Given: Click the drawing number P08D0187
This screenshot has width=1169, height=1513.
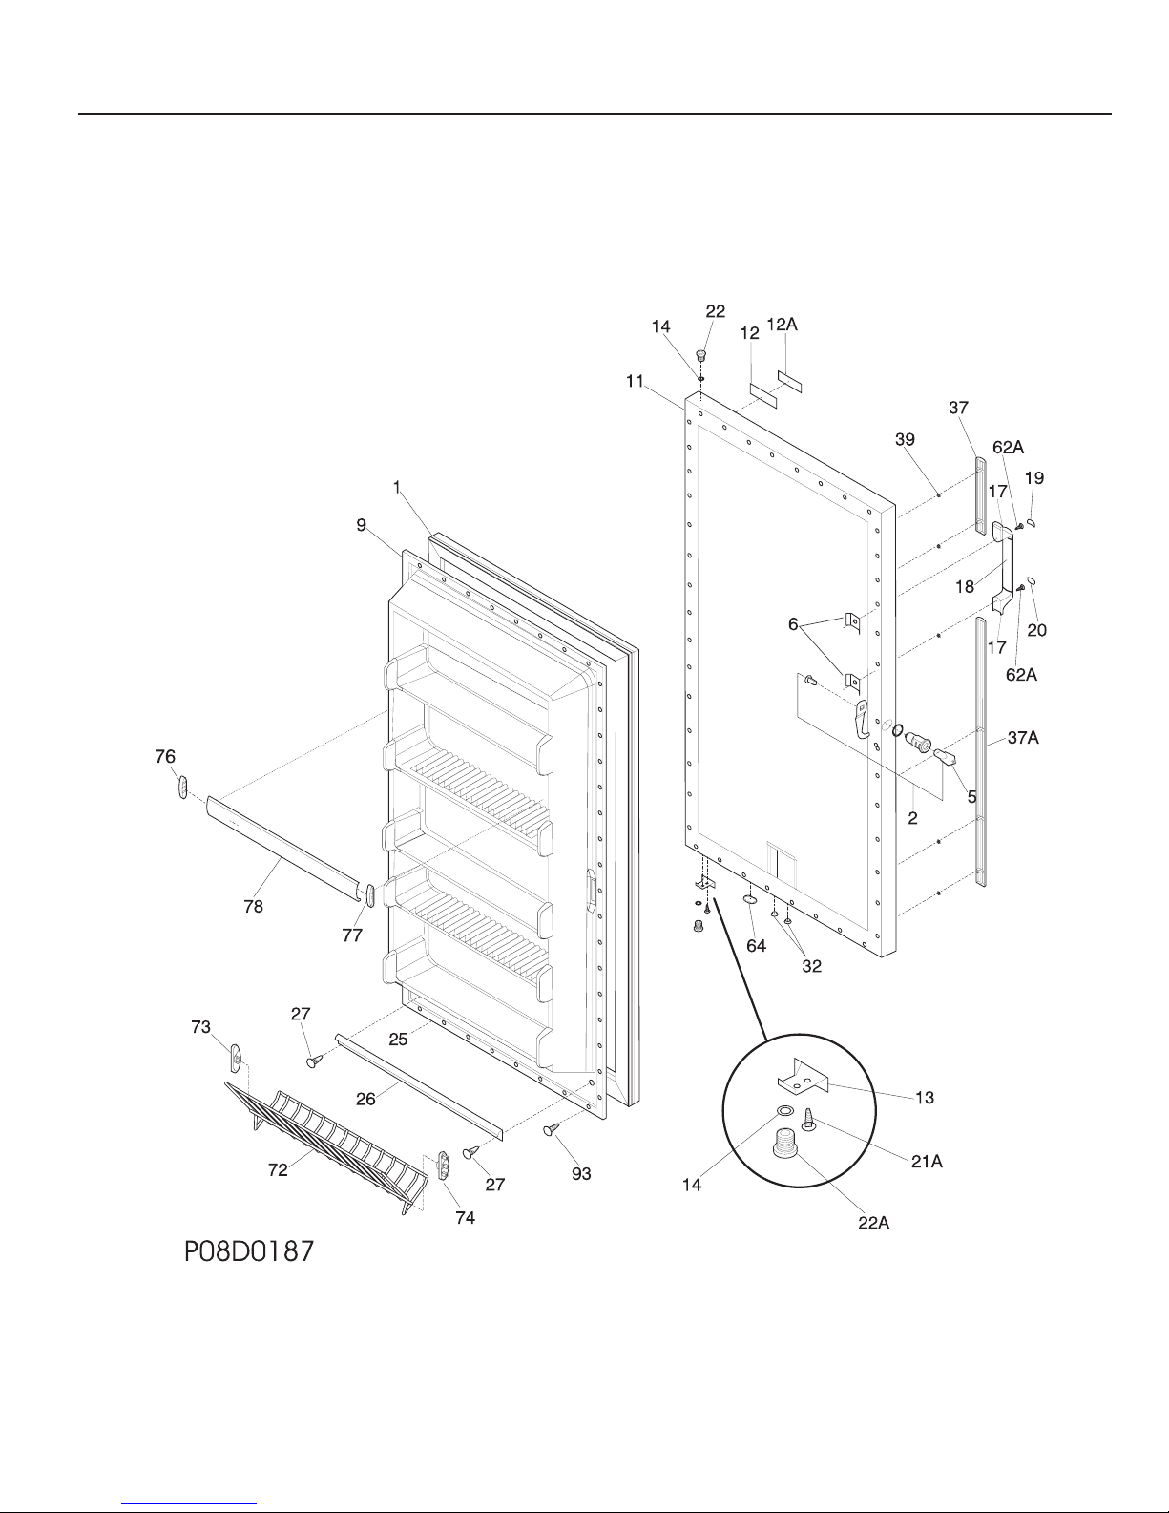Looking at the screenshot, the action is [249, 1252].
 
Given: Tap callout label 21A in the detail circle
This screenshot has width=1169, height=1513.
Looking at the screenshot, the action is [927, 1162].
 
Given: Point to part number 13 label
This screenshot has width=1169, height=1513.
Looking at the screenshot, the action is [924, 1098].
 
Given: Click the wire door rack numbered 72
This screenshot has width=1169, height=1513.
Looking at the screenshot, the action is [326, 1148].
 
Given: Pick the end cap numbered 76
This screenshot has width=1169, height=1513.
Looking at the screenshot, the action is [183, 787].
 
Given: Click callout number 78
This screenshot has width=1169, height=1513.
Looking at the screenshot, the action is [253, 906].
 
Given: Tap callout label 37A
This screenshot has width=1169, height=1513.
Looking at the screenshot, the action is [1023, 737].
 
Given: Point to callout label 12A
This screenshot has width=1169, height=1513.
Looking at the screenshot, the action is [783, 325].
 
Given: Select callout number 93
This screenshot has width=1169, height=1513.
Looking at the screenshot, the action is [581, 1174].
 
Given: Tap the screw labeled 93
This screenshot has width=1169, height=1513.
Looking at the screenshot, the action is [552, 1129].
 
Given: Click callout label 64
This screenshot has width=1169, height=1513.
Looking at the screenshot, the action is [757, 946].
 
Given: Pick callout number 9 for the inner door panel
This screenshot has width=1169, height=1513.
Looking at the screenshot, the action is [361, 525].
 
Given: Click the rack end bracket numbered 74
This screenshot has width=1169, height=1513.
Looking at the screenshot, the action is [443, 1165].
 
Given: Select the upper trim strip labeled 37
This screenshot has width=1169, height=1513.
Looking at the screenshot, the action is [980, 495].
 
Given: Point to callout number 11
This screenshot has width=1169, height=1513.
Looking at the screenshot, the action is [635, 381].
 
